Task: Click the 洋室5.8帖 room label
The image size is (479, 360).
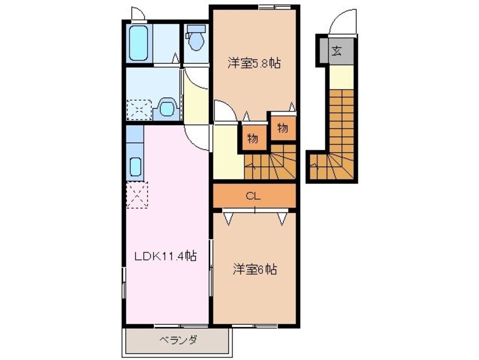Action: coord(254,64)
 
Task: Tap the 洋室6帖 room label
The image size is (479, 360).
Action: coord(255,270)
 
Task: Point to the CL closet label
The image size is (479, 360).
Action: coord(254,196)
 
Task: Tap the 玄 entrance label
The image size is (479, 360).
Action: coord(336,52)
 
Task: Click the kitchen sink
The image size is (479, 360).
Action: coord(135,166)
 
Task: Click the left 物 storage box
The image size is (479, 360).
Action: coord(253,138)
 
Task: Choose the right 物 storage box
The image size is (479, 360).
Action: coord(282,128)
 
